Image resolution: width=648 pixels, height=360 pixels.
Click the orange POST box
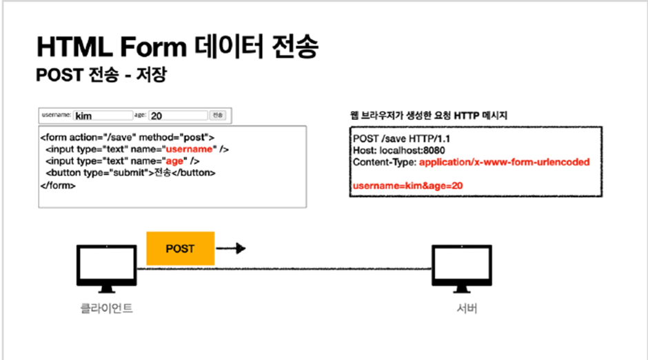coord(180,248)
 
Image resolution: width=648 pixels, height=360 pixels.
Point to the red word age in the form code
coord(174,161)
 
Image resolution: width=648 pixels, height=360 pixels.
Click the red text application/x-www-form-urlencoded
coord(504,162)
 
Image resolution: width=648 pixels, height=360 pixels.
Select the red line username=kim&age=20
coord(407,186)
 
